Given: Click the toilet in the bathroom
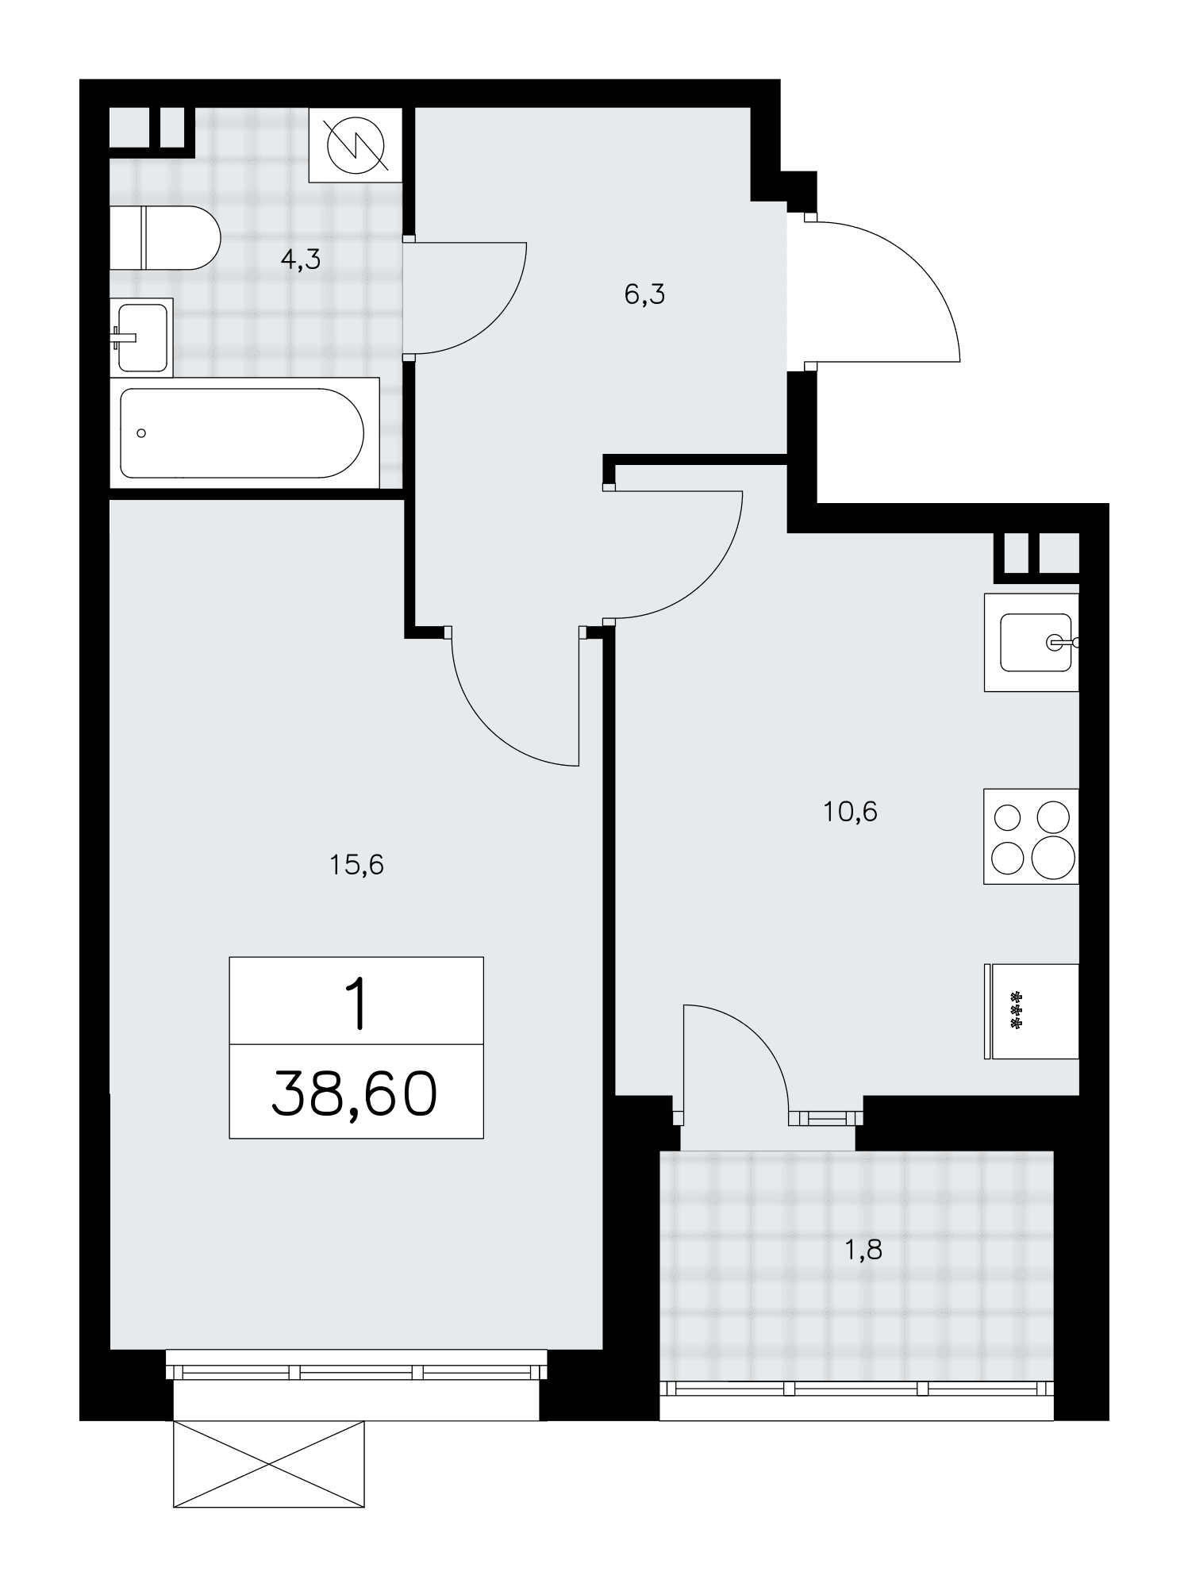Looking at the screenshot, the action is pyautogui.click(x=164, y=237).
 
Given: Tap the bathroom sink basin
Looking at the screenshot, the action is pyautogui.click(x=143, y=337).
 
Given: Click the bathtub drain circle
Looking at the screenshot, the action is pyautogui.click(x=141, y=433).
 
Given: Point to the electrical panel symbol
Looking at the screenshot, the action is pyautogui.click(x=356, y=144).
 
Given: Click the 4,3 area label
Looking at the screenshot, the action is pyautogui.click(x=301, y=259).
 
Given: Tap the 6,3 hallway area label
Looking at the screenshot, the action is pyautogui.click(x=644, y=295).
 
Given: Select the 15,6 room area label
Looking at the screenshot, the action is pyautogui.click(x=356, y=864).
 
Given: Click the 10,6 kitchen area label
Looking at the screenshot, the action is pyautogui.click(x=850, y=812).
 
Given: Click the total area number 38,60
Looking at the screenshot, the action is pyautogui.click(x=355, y=1093).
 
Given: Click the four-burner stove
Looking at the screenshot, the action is pyautogui.click(x=1032, y=836).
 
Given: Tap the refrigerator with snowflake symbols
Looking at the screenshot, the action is pyautogui.click(x=1032, y=1011).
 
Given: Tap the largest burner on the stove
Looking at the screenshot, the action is pyautogui.click(x=1053, y=857).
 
